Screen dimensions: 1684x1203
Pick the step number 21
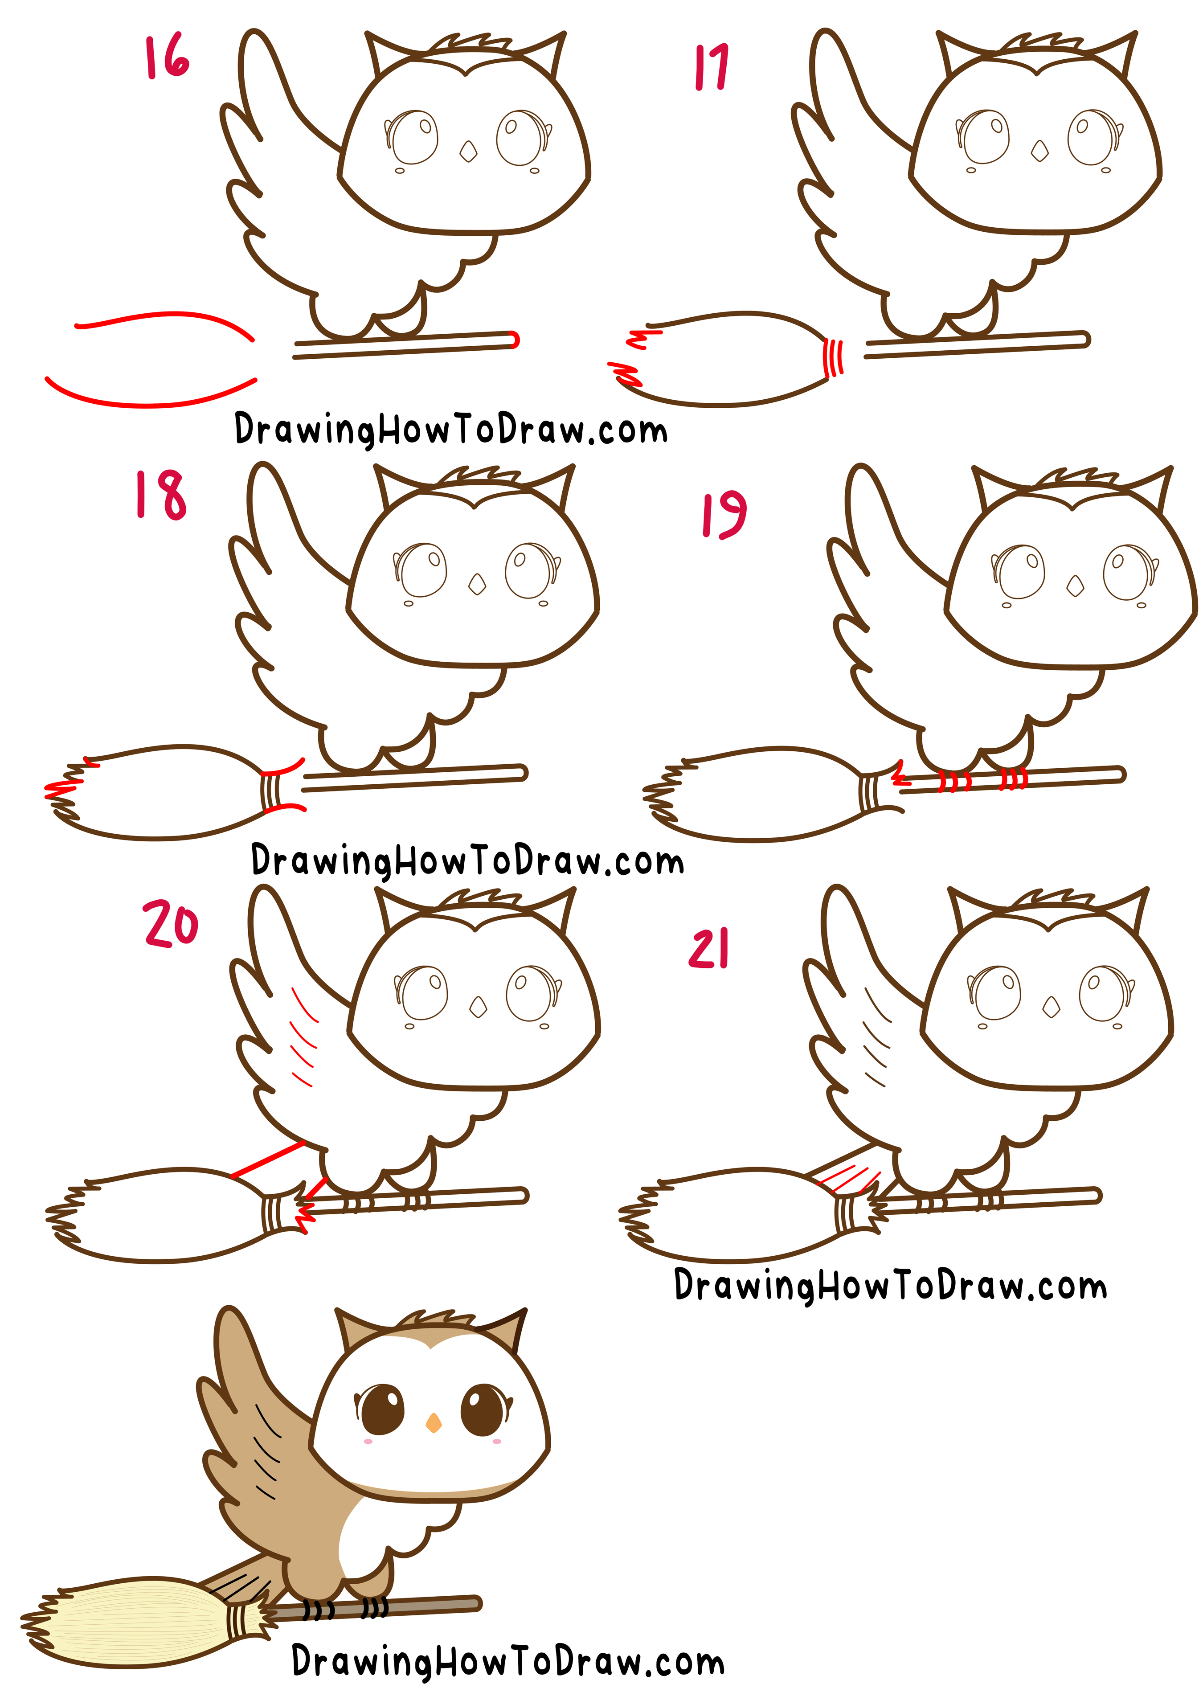point(709,948)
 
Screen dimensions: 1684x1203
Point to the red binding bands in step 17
point(833,357)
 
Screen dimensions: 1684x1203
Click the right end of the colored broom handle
point(474,1603)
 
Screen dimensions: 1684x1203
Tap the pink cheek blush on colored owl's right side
point(496,1442)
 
